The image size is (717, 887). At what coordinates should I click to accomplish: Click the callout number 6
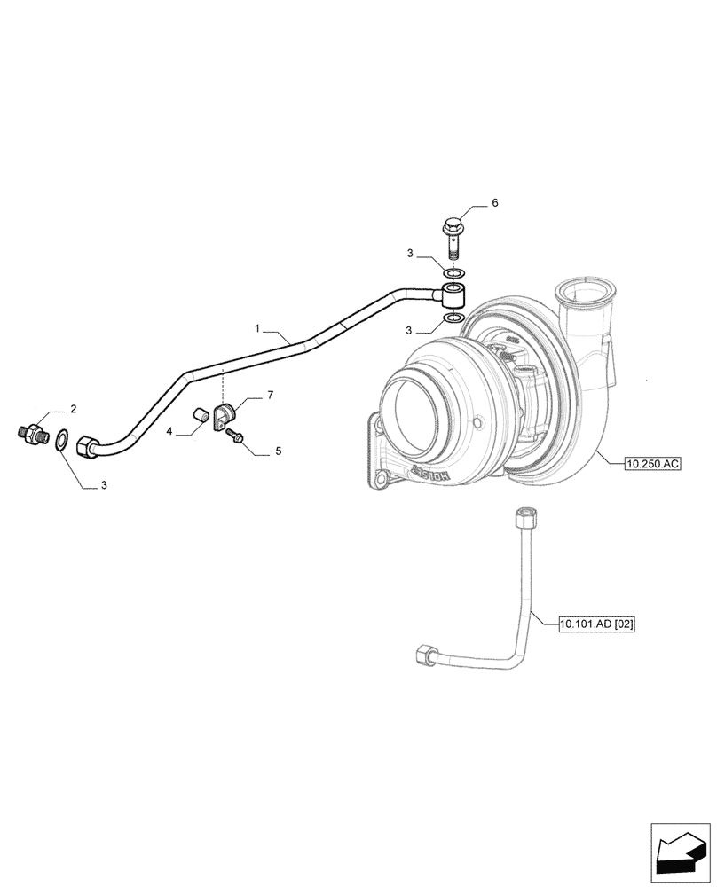tap(495, 203)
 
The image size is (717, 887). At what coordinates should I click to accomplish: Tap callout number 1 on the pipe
tap(257, 329)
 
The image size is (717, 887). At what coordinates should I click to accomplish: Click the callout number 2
tap(74, 409)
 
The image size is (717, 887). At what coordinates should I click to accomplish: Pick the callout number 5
tap(278, 451)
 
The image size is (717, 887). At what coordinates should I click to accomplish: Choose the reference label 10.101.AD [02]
tap(598, 624)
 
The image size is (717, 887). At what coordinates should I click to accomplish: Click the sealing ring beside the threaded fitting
tap(61, 439)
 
